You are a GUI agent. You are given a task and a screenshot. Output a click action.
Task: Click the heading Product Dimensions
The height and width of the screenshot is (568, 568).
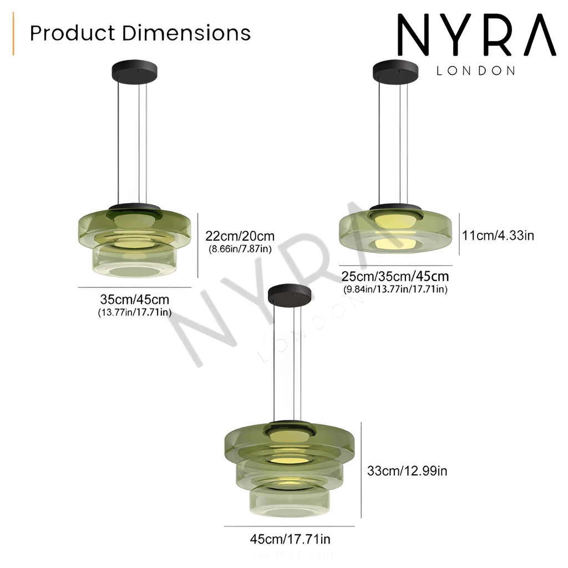[x=140, y=33]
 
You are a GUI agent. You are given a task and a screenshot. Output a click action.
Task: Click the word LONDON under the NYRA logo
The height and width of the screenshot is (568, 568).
[x=476, y=71]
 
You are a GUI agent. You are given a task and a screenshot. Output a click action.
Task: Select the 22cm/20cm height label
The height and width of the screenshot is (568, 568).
[x=240, y=236]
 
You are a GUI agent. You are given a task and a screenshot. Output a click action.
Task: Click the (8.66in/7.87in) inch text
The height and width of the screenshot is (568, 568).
[x=240, y=249]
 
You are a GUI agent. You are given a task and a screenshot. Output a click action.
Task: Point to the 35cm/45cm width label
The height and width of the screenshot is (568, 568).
[x=135, y=300]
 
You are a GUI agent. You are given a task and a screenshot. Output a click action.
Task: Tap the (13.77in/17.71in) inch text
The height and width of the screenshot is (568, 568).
[x=135, y=313]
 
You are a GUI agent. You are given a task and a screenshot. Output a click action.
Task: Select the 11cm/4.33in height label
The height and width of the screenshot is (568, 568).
[x=498, y=235]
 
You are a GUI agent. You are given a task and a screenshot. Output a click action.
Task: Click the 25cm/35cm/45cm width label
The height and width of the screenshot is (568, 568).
[x=395, y=276]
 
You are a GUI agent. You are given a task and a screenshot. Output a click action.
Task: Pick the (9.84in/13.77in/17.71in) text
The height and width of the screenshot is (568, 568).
[x=395, y=289]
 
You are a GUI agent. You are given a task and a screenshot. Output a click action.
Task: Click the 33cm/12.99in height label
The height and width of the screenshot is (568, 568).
[x=407, y=471]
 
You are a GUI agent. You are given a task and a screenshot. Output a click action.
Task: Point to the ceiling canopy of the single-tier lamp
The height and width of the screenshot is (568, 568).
[x=395, y=70]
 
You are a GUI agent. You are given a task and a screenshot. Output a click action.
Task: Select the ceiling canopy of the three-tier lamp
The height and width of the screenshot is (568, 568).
[x=290, y=294]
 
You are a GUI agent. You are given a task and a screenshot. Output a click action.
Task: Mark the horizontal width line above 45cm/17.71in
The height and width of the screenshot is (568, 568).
[x=289, y=526]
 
